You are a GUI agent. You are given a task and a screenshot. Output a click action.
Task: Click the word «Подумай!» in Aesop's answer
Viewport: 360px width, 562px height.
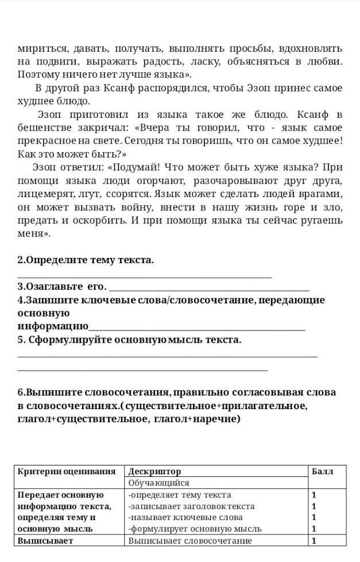[x=135, y=167]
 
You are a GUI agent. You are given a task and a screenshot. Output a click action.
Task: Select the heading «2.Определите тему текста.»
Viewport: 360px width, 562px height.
[x=86, y=260]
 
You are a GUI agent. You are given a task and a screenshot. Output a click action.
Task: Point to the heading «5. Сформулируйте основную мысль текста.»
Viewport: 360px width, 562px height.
[x=130, y=340]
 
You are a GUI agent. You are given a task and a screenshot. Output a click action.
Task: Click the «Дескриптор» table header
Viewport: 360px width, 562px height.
[x=154, y=471]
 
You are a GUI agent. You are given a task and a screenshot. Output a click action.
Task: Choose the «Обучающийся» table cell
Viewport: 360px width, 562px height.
[x=158, y=483]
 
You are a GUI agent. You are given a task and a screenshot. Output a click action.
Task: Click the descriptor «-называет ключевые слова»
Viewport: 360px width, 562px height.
[x=177, y=517]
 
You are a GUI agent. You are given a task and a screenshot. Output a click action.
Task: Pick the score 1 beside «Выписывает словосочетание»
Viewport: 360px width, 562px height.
[x=313, y=540]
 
